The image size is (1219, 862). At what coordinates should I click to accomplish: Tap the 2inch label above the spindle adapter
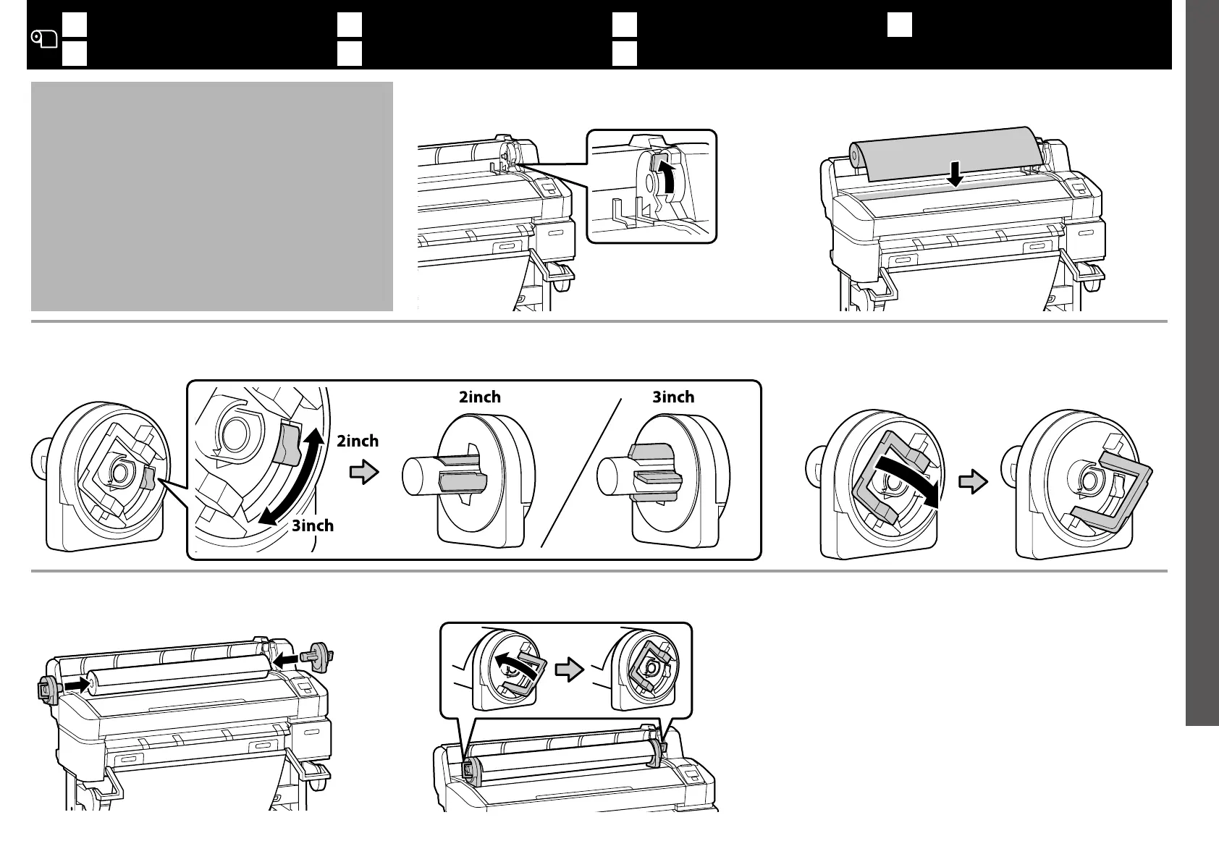click(x=479, y=397)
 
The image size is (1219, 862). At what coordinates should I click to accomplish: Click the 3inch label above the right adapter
click(x=673, y=397)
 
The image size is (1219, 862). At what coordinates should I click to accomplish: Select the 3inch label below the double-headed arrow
click(x=313, y=525)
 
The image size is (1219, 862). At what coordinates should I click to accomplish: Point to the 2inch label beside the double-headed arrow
click(x=358, y=441)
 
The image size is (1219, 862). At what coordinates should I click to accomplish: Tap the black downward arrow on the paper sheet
click(x=956, y=174)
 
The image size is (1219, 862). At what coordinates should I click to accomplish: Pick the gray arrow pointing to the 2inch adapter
click(x=364, y=474)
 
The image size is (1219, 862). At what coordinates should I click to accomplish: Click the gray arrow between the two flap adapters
click(x=973, y=481)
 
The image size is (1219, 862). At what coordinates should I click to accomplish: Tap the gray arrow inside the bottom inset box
click(x=569, y=670)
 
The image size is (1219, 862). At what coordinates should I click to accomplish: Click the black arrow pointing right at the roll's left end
click(x=75, y=685)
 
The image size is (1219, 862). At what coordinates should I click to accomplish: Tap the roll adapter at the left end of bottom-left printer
click(x=46, y=689)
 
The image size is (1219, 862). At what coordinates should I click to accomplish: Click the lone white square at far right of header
click(x=900, y=25)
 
